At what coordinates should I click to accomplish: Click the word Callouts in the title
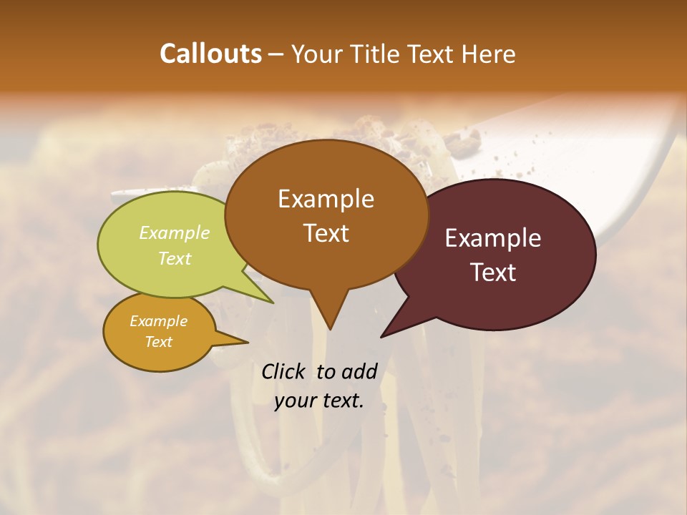[210, 54]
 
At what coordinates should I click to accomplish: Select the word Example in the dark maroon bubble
[492, 238]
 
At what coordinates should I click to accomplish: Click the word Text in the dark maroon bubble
[492, 272]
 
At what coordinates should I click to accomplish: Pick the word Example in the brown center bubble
[326, 199]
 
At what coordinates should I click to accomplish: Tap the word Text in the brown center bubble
[326, 233]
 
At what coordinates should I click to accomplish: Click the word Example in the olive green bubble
[175, 233]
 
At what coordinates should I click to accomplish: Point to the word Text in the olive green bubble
[175, 258]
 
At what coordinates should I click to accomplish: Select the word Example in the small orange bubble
[158, 321]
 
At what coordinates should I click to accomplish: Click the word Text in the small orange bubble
[158, 342]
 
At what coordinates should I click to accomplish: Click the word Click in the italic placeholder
[284, 371]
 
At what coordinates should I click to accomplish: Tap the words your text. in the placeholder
[319, 401]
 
